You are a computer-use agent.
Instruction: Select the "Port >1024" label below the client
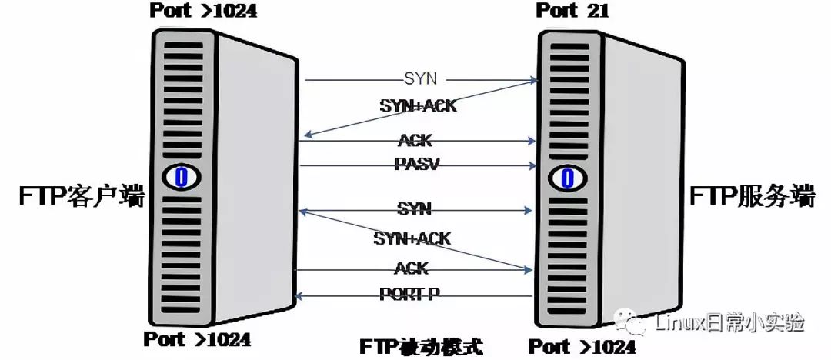pos(197,338)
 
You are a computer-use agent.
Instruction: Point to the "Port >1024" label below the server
pos(582,346)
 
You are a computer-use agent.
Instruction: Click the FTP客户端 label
pos(82,197)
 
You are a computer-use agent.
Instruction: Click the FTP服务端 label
pos(752,197)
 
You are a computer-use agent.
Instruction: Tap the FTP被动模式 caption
pos(422,347)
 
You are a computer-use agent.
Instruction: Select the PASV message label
pos(416,164)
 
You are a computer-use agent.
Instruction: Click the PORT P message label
pos(409,294)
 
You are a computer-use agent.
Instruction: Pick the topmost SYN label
pos(421,78)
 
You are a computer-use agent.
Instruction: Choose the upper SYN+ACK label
pos(418,105)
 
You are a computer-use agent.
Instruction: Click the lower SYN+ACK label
pos(412,238)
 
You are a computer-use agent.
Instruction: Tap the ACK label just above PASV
pos(415,140)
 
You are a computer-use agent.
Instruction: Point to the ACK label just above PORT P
pos(411,268)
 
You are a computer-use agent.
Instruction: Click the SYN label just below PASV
pos(415,209)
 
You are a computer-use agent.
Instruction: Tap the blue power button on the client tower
pos(181,177)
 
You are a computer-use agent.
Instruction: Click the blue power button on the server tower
pos(566,177)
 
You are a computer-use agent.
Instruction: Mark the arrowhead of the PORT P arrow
pos(300,295)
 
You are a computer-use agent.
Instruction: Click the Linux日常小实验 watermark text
pos(729,322)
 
